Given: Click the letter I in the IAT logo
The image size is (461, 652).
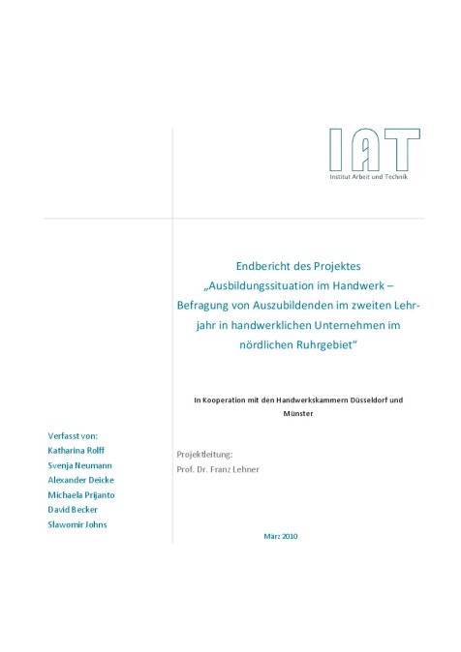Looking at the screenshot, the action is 335,151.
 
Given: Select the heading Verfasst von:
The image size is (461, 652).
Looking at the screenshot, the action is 73,435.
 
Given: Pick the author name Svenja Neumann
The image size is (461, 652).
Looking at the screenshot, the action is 79,465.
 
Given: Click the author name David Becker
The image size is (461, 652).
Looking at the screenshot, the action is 73,509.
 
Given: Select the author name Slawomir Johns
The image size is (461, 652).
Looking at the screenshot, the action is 77,524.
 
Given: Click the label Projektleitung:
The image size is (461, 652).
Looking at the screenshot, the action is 204,454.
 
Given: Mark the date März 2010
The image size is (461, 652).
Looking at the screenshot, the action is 280,536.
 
